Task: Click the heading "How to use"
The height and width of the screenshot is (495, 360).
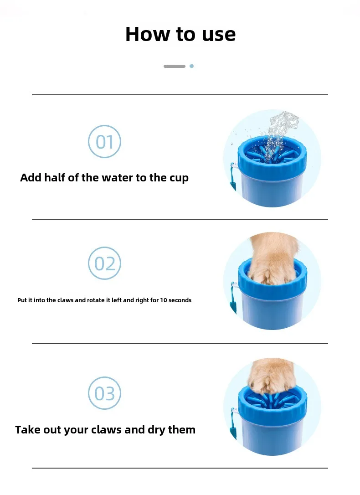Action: pos(180,34)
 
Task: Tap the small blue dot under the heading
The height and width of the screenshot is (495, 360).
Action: pos(191,66)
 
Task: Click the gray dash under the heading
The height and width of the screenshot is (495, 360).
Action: pos(175,66)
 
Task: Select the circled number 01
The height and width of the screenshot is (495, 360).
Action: pos(104,141)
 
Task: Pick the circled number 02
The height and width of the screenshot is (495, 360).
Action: pos(104,263)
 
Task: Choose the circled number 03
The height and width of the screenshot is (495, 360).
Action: pos(104,393)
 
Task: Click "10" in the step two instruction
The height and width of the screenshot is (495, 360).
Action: pos(164,300)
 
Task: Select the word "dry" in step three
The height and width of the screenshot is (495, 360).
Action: pos(157,430)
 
